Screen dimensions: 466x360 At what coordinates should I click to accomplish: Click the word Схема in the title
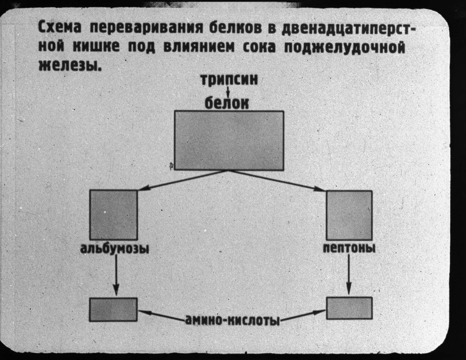click(x=60, y=28)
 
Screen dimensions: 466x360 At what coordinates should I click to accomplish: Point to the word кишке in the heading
click(x=96, y=46)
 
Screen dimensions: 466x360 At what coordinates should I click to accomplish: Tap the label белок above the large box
click(x=227, y=103)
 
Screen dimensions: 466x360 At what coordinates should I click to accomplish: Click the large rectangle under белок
click(x=229, y=140)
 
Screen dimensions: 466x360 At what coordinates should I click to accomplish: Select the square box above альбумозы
click(x=113, y=215)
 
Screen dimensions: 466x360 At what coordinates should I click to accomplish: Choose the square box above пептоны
click(x=349, y=215)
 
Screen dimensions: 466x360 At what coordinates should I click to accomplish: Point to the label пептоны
click(x=349, y=248)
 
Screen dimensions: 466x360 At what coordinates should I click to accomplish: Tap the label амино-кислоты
click(x=232, y=320)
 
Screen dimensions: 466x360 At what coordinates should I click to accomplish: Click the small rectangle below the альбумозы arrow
click(x=113, y=309)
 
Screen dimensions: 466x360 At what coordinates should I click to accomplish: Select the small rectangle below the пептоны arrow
click(x=349, y=308)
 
